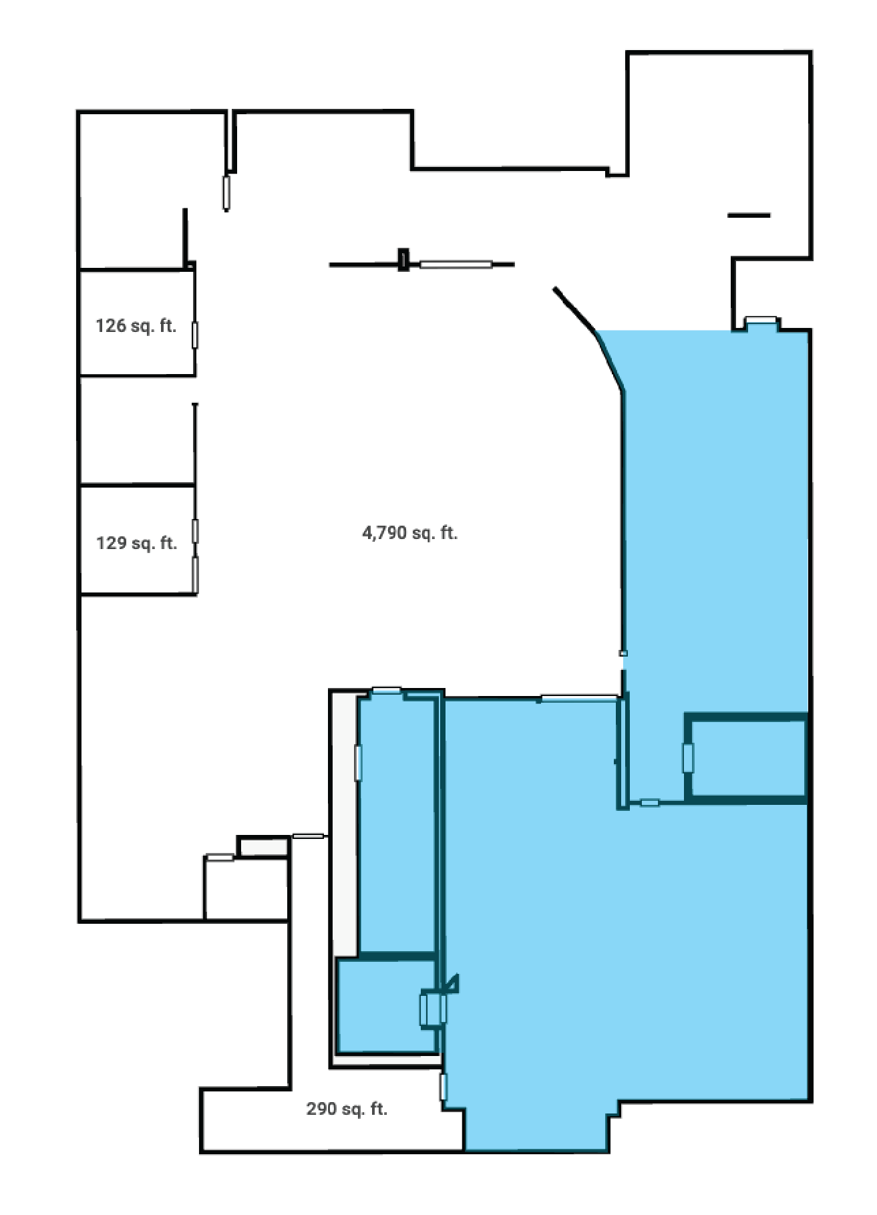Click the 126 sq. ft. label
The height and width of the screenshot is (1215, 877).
click(136, 326)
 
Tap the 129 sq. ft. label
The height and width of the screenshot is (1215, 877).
click(137, 543)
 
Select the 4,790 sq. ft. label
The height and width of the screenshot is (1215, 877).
click(409, 533)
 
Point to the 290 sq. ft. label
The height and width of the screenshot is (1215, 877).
click(347, 1109)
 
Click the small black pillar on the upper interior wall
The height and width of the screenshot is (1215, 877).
click(403, 259)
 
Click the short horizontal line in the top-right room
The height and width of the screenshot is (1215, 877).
click(749, 215)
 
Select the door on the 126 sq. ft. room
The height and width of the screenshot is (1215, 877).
click(195, 335)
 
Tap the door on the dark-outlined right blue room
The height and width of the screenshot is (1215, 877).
click(687, 757)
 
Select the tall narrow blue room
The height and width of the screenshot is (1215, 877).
click(397, 822)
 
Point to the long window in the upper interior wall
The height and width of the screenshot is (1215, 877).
click(456, 265)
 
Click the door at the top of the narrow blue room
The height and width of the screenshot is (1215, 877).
click(386, 691)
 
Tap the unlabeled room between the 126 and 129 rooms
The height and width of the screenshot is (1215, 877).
click(137, 431)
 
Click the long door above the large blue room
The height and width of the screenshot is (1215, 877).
click(578, 699)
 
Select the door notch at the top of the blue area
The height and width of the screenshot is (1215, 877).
click(761, 321)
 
